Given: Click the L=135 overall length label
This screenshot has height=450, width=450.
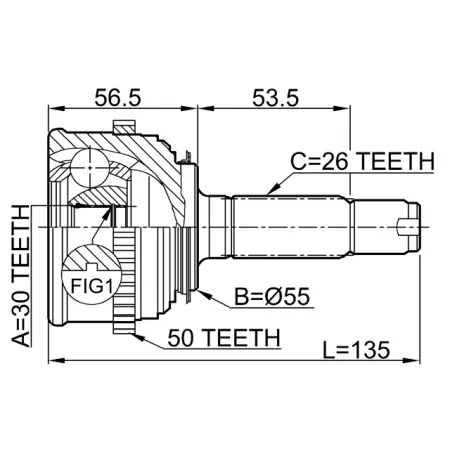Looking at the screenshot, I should point(357,351).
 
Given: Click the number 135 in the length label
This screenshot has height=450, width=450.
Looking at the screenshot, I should point(370,351).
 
